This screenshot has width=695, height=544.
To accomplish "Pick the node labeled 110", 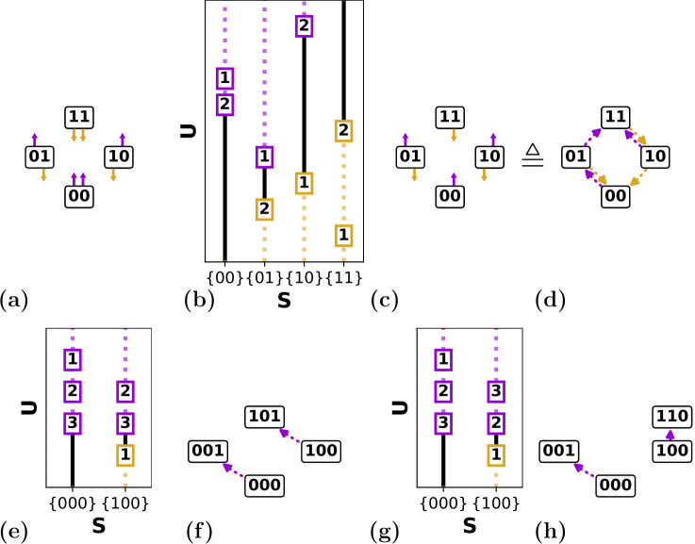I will tap(671, 416).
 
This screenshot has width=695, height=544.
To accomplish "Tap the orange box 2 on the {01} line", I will tap(264, 209).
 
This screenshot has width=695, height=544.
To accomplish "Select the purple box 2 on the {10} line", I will tap(304, 27).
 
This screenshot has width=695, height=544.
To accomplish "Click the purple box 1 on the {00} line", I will tap(224, 77).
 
